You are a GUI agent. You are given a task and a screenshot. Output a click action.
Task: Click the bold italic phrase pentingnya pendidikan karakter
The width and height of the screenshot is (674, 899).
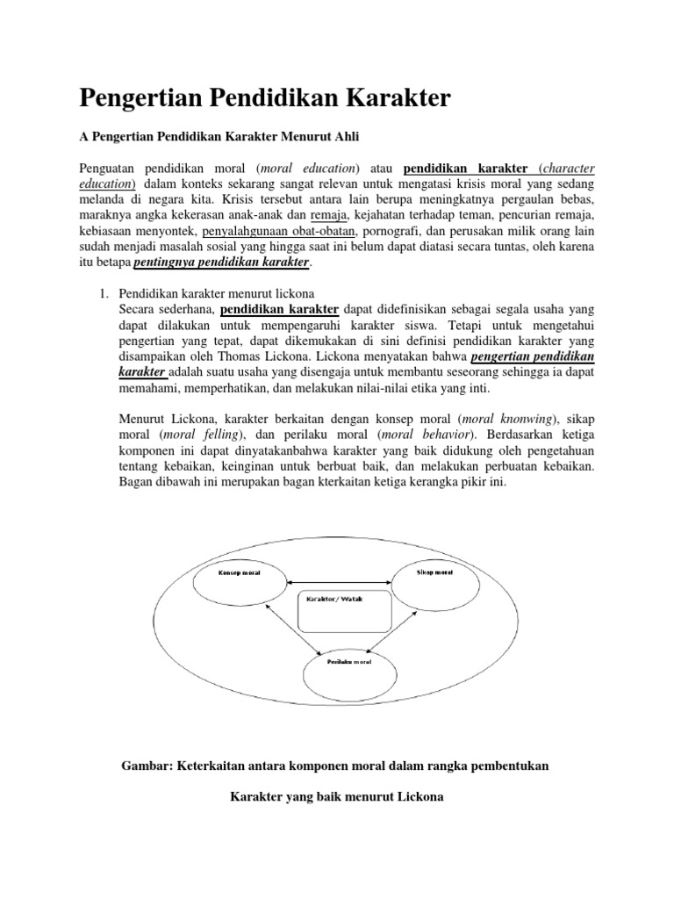pyautogui.click(x=221, y=263)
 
